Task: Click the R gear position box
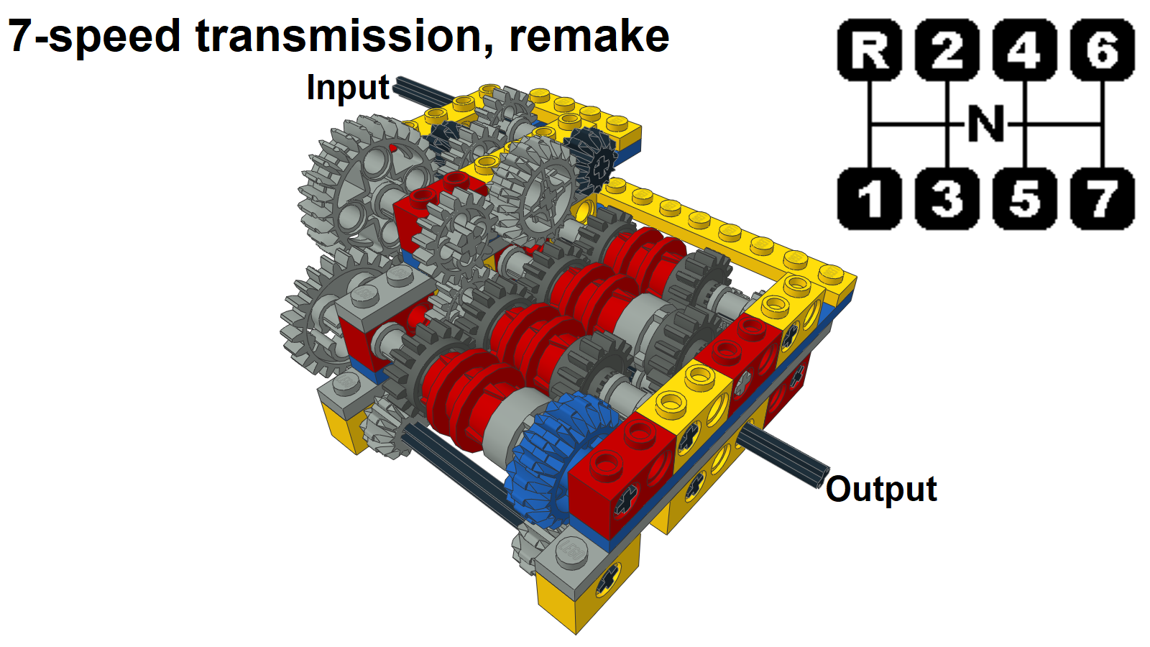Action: point(870,50)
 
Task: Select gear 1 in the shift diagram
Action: point(870,199)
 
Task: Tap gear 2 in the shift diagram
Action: point(947,50)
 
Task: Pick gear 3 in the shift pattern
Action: point(947,199)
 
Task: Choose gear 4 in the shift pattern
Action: point(1025,50)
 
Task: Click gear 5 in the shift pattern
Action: point(1025,199)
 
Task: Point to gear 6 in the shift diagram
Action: point(1103,50)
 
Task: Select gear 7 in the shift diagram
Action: point(1103,199)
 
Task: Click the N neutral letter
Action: point(986,124)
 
